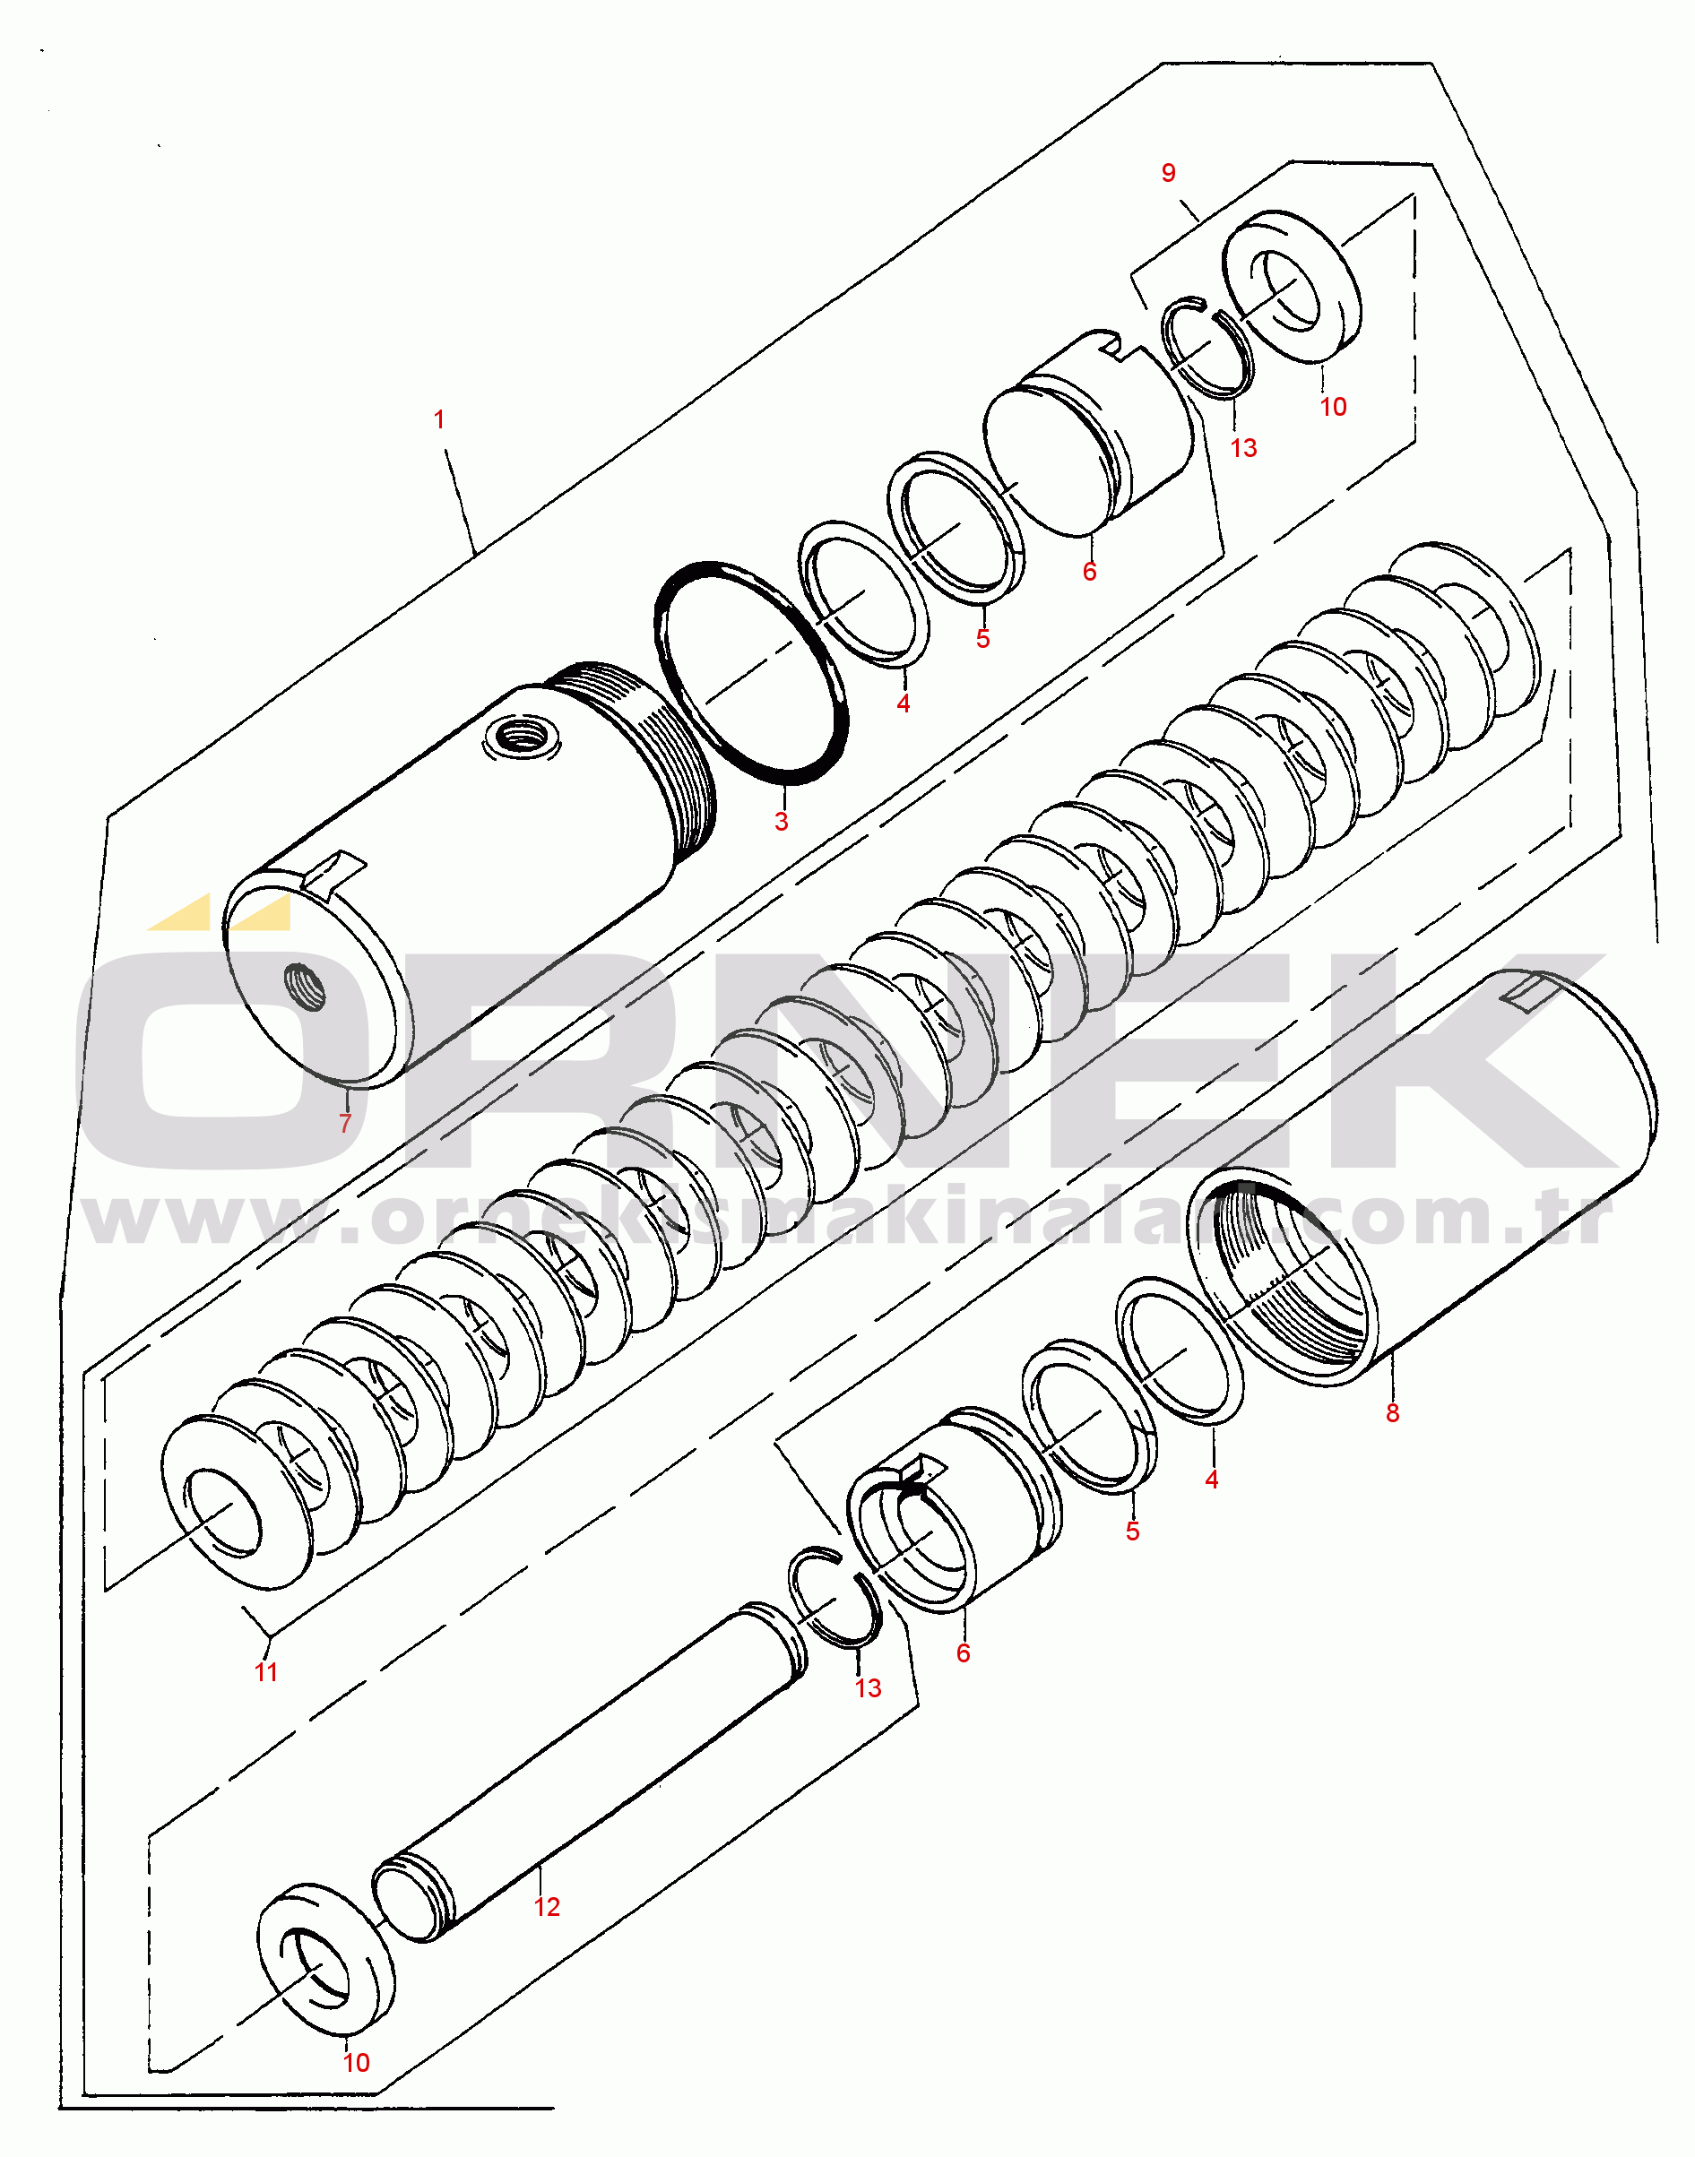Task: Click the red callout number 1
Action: coord(438,419)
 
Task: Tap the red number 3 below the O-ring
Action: coord(781,822)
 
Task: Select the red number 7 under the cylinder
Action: coord(345,1123)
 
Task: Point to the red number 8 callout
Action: coord(1392,1414)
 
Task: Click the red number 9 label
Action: coord(1168,174)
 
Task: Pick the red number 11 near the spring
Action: coord(266,1672)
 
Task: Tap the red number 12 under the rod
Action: coord(547,1907)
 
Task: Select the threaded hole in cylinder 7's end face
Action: coord(305,987)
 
